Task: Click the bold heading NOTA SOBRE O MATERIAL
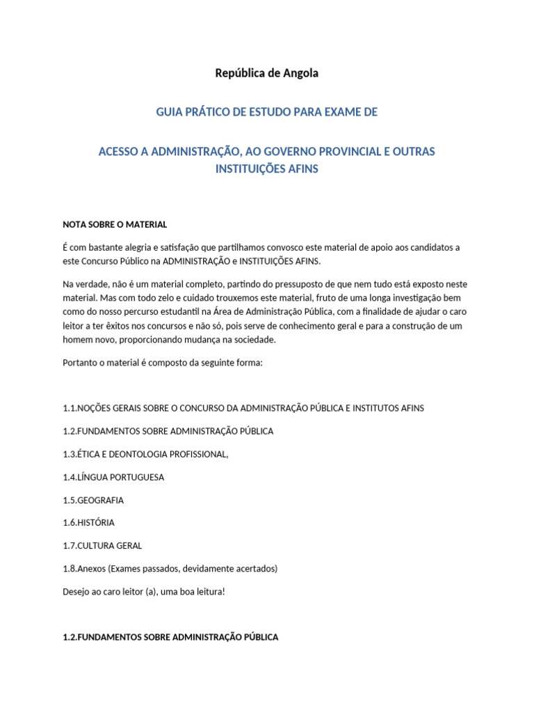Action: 115,224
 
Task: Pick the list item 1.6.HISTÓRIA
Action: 88,522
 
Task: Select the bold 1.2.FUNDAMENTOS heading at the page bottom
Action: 170,637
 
